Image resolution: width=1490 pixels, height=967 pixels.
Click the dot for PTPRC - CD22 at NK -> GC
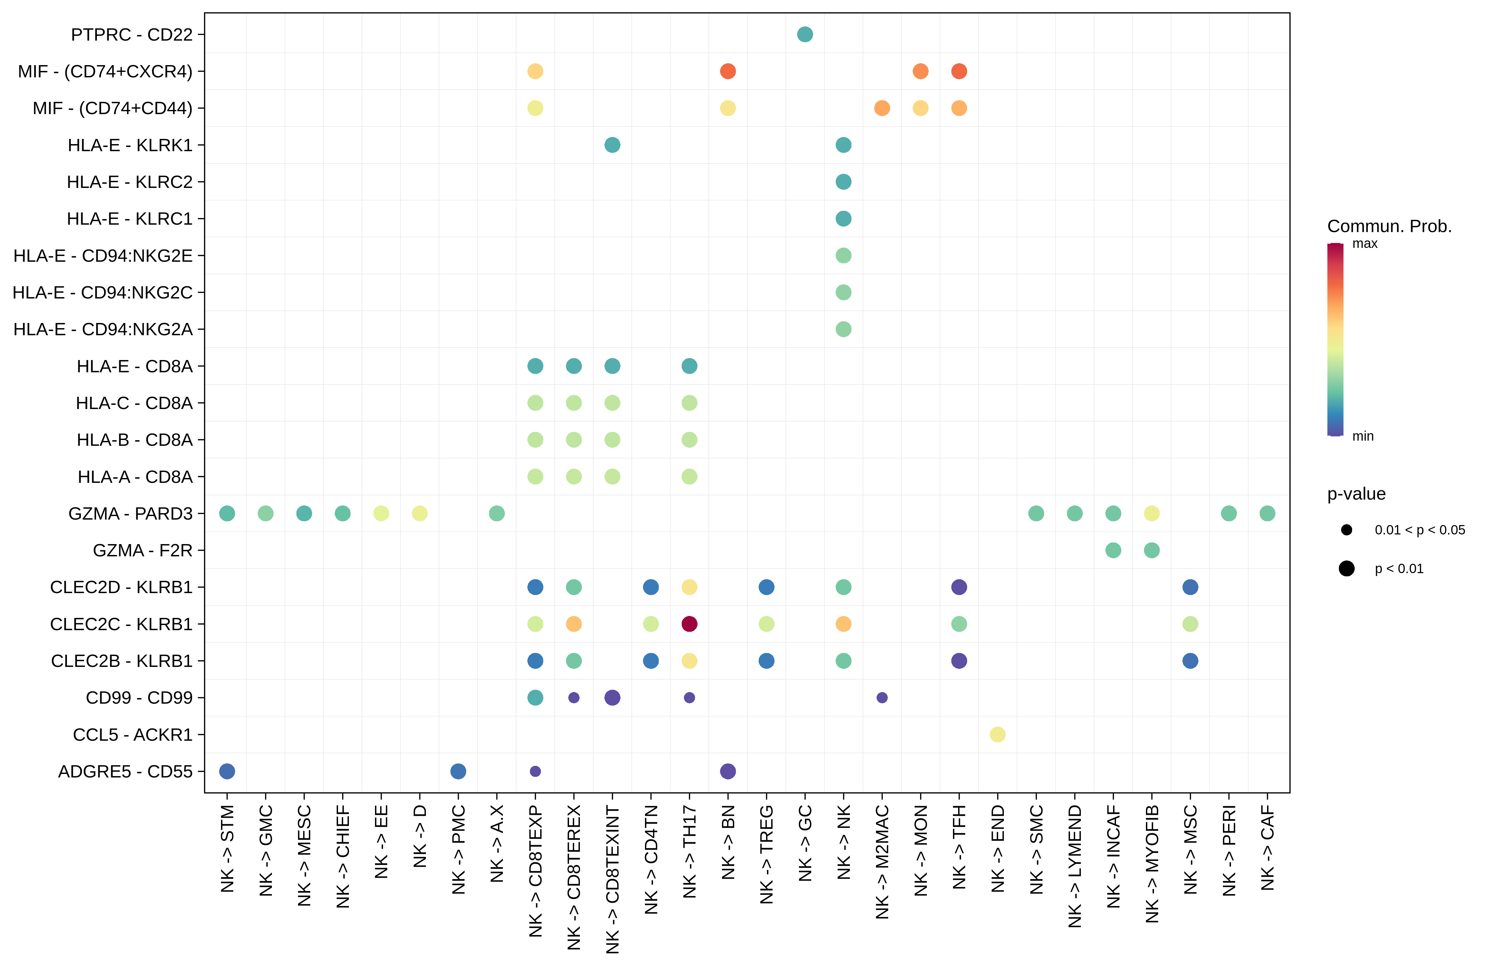805,34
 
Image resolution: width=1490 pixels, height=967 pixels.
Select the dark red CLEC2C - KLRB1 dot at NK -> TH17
689,624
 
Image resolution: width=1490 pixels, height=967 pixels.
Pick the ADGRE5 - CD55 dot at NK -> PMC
458,771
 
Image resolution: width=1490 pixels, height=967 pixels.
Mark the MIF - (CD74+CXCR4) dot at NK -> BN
727,72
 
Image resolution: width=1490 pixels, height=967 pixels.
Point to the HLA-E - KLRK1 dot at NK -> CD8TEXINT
612,145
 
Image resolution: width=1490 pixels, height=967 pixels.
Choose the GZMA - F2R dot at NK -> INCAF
1113,550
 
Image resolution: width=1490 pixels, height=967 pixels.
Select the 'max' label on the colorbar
1365,244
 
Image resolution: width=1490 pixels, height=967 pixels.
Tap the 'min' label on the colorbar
1363,436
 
